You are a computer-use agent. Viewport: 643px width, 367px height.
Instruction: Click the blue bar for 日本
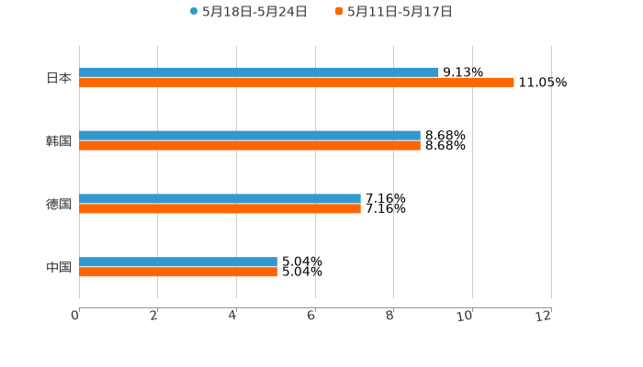point(259,72)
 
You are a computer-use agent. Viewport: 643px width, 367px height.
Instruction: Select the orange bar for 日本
point(297,82)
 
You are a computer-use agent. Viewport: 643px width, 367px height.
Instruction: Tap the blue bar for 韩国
point(250,135)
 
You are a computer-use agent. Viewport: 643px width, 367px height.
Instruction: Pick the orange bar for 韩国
point(250,145)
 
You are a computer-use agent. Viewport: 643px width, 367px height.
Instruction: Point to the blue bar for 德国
point(220,198)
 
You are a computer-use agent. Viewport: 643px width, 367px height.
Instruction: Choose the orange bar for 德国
point(220,208)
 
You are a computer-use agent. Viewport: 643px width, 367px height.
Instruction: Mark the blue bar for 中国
point(178,261)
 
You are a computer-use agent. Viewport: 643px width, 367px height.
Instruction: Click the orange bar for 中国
point(178,272)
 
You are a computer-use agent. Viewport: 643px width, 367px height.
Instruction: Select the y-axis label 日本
point(59,77)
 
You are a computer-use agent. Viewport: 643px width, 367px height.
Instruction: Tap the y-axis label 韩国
point(59,140)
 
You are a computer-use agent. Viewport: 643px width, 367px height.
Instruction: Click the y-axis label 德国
point(59,204)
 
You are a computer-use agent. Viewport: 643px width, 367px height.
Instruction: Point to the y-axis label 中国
point(59,267)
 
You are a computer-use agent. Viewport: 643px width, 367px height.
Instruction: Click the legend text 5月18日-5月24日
point(254,12)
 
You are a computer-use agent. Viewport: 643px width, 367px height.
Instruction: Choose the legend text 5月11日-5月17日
point(400,12)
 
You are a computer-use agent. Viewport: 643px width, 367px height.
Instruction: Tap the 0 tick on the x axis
point(75,316)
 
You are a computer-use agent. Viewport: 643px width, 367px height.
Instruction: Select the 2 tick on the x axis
point(154,316)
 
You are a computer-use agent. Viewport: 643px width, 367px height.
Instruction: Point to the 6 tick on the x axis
point(311,316)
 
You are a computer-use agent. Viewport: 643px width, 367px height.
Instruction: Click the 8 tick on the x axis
point(390,316)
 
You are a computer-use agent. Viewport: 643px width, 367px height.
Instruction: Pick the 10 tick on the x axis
point(466,316)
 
